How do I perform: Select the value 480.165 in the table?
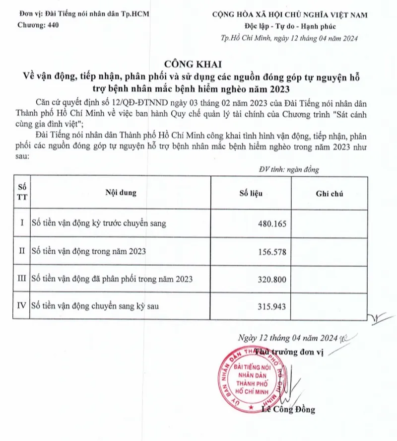tap(269, 223)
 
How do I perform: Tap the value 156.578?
tap(269, 252)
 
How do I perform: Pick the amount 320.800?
tap(269, 280)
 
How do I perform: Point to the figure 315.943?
tap(269, 307)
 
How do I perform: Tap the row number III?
tap(21, 280)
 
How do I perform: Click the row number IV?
tap(21, 307)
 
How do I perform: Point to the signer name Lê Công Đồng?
tap(287, 410)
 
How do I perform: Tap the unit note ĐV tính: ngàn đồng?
tap(289, 169)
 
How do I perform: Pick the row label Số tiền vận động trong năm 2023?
tap(88, 252)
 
